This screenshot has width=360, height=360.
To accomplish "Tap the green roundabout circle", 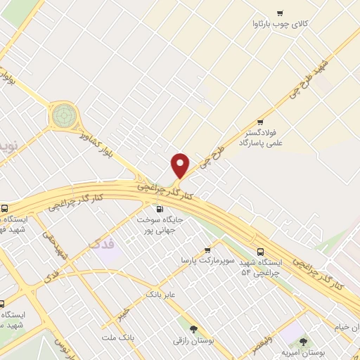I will coord(63,113).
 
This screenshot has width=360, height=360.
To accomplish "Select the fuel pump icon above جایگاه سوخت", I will coord(159,209).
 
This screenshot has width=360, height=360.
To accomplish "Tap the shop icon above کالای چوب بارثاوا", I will coord(280,13).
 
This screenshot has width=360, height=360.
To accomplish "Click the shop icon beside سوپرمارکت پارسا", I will coord(207,250).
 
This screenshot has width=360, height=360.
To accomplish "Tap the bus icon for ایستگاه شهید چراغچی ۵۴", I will coord(261,251).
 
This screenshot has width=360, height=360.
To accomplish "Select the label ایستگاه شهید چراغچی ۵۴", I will coord(261,267).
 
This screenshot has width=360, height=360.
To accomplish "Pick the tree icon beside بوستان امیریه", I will coord(303,342).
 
